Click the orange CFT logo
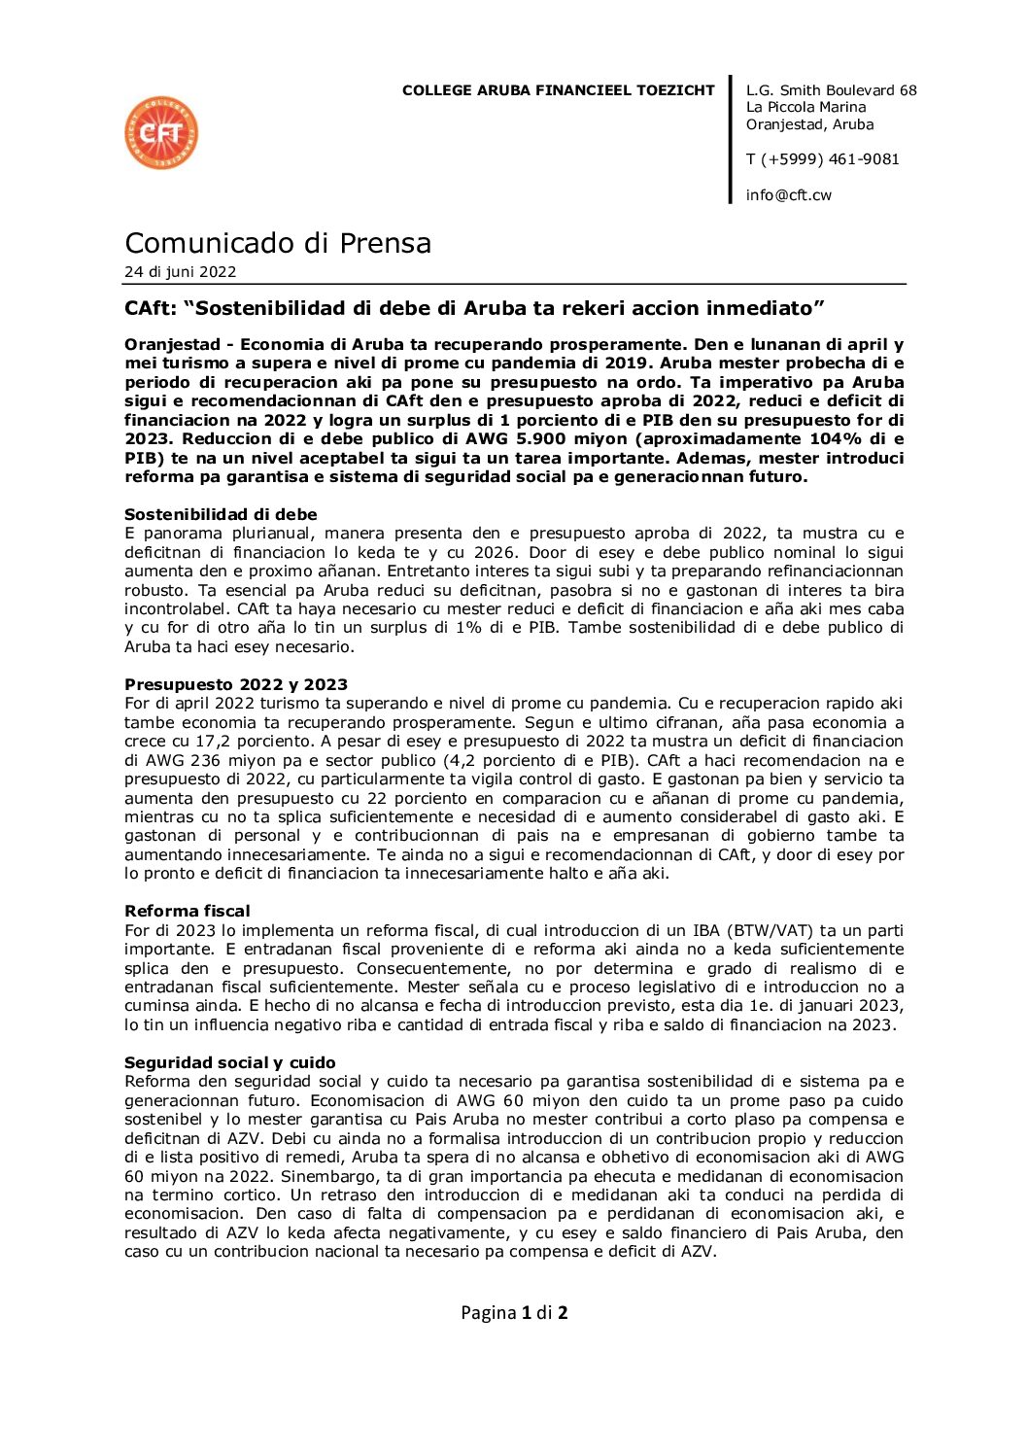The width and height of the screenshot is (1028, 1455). tap(161, 132)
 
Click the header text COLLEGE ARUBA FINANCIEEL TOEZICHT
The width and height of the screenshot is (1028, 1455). tap(558, 90)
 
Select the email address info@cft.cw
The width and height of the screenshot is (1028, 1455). tap(788, 195)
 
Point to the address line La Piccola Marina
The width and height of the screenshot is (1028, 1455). tap(805, 107)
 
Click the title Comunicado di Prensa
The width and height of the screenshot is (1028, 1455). tap(278, 243)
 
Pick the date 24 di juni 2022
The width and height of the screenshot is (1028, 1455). tap(180, 272)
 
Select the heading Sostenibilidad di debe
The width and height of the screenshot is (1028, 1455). tap(221, 514)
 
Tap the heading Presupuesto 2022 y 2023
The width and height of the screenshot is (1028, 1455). tap(235, 684)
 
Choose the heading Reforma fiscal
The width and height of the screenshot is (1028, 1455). tap(187, 911)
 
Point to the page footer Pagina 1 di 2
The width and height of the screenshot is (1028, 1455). tap(514, 1313)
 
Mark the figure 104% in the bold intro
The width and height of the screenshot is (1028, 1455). tap(839, 439)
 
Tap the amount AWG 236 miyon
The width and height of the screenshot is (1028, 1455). tap(210, 761)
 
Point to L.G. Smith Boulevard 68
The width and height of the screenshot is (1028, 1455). tap(831, 90)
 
